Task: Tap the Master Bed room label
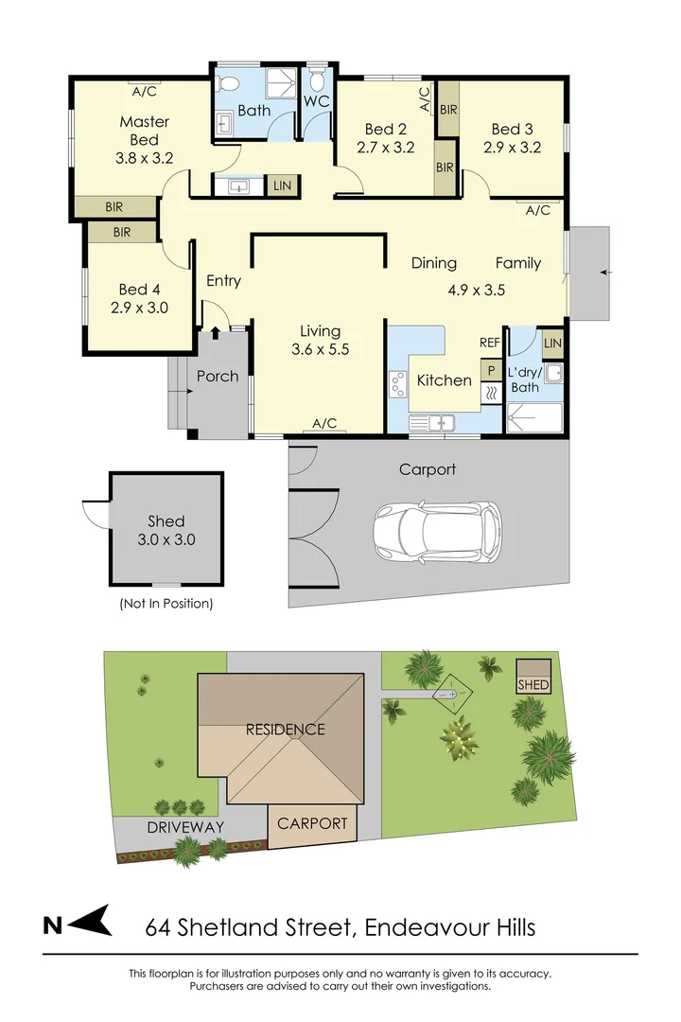pos(144,131)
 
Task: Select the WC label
pos(316,101)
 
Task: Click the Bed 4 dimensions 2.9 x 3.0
pos(140,307)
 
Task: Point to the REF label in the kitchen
pos(489,344)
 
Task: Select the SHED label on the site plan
pos(533,684)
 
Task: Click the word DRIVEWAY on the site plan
pos(184,827)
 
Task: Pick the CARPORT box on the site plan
pos(312,823)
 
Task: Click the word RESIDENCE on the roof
pos(285,730)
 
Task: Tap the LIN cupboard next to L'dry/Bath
pos(553,344)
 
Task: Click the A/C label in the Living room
pos(323,424)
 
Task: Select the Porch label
pos(218,376)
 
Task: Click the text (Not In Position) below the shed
pos(166,603)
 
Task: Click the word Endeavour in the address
pos(417,926)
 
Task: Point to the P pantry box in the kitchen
pos(491,371)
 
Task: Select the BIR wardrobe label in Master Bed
pos(113,205)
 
